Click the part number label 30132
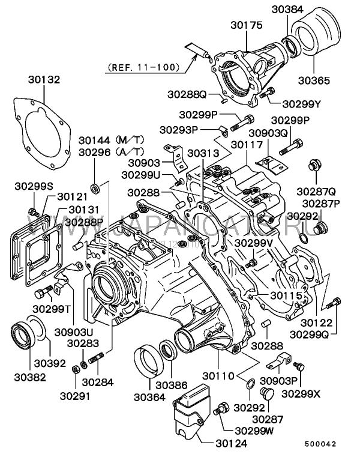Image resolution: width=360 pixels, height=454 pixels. (x=44, y=80)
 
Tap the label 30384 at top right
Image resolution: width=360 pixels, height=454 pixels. (x=288, y=10)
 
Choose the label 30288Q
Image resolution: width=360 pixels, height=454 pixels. (x=187, y=94)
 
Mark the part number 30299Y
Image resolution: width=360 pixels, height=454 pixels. (x=301, y=103)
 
